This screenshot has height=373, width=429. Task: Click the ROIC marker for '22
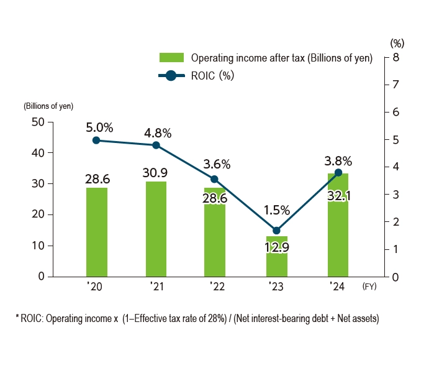215,178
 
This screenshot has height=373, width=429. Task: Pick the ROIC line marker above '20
96,140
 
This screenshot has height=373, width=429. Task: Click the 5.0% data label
99,127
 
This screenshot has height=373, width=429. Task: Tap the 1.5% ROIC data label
276,211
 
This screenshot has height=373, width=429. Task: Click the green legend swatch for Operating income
172,58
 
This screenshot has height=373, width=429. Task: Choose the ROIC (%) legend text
212,76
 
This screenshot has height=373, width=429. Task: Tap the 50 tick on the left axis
37,122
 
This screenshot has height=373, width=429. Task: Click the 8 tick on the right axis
395,58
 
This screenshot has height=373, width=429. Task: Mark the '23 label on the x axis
276,287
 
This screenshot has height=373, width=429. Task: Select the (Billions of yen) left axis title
48,105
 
